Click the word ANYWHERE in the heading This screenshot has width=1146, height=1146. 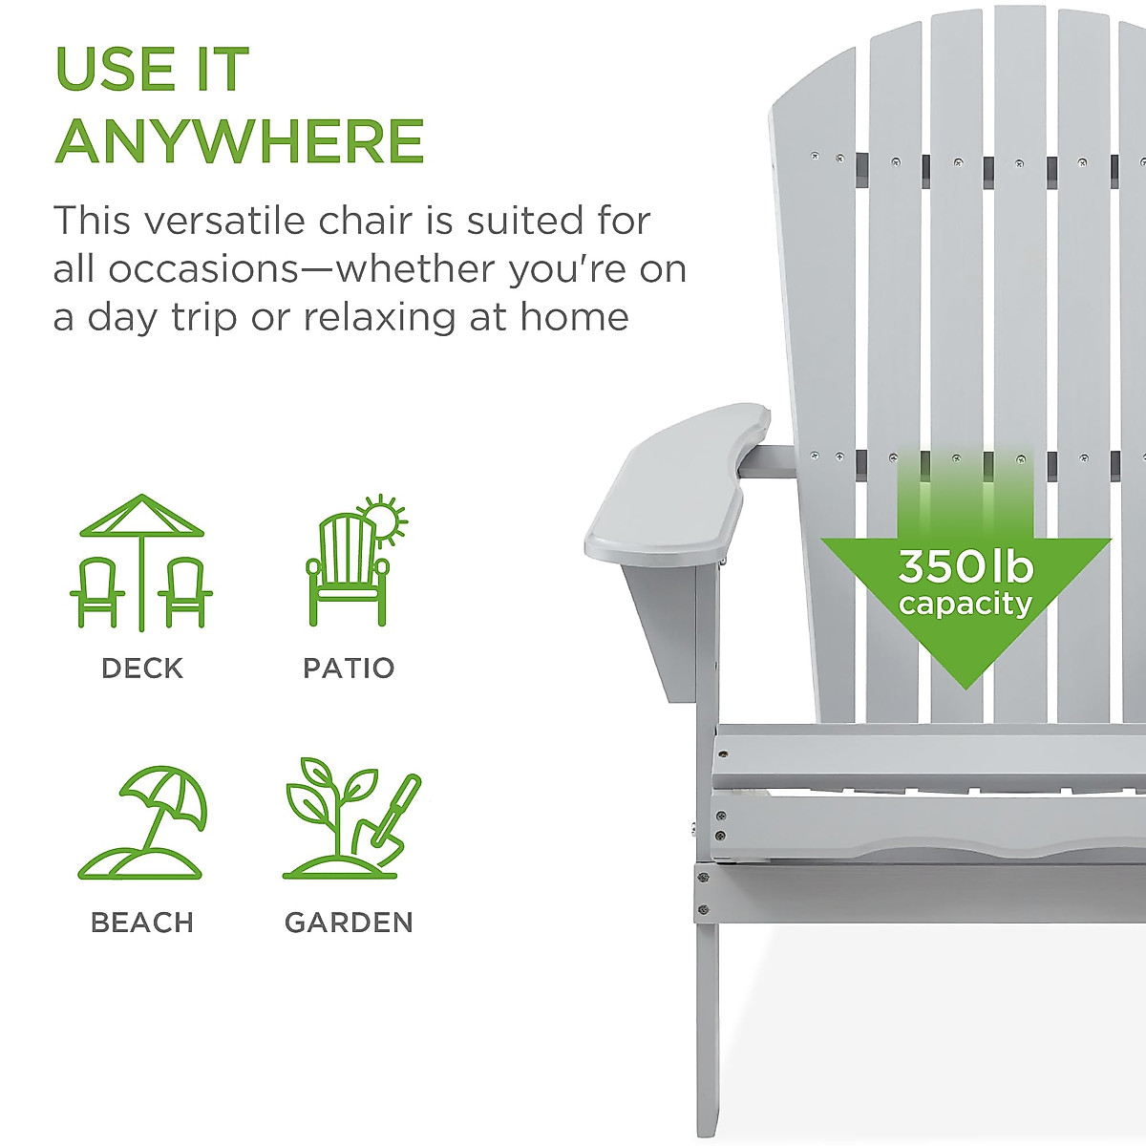240,141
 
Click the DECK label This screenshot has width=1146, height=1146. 142,668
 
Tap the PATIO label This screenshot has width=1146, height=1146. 349,668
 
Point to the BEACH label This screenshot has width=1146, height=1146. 142,923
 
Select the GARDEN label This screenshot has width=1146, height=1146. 349,923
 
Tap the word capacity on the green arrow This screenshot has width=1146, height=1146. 966,605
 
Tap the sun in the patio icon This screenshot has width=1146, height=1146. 384,520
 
